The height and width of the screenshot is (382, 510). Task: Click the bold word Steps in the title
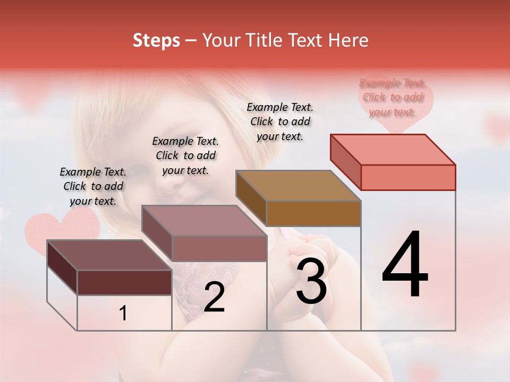coord(156,40)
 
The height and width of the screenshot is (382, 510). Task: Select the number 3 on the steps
coord(311,281)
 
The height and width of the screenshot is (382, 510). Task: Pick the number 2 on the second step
coord(214,298)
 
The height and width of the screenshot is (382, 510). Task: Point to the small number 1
coord(123,314)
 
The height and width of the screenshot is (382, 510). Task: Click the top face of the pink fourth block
coord(392,149)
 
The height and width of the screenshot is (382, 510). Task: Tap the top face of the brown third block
coord(298,186)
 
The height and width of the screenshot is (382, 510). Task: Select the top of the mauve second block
coord(204,221)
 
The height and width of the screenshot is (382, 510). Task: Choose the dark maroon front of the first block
coord(124,282)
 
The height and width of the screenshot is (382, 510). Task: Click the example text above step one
coord(93,186)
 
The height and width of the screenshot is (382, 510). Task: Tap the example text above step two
coord(185,155)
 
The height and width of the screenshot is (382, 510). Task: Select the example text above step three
coord(280,121)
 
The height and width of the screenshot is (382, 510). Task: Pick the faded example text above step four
coord(393,97)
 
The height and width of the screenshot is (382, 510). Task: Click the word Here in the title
coord(348,40)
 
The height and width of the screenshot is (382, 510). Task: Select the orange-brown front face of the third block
coord(313,214)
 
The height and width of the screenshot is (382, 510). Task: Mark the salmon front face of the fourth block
coord(408,177)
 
